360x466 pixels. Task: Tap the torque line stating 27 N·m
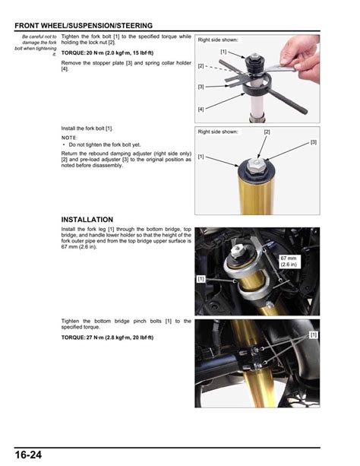point(106,336)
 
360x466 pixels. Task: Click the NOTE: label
point(70,138)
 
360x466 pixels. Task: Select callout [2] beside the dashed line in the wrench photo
point(201,66)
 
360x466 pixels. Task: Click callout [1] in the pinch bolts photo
point(313,334)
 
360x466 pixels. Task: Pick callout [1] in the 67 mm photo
point(201,279)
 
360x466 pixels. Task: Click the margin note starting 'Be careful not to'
point(36,45)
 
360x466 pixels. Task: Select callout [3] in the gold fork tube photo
point(313,142)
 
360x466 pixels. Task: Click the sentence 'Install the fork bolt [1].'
point(92,128)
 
